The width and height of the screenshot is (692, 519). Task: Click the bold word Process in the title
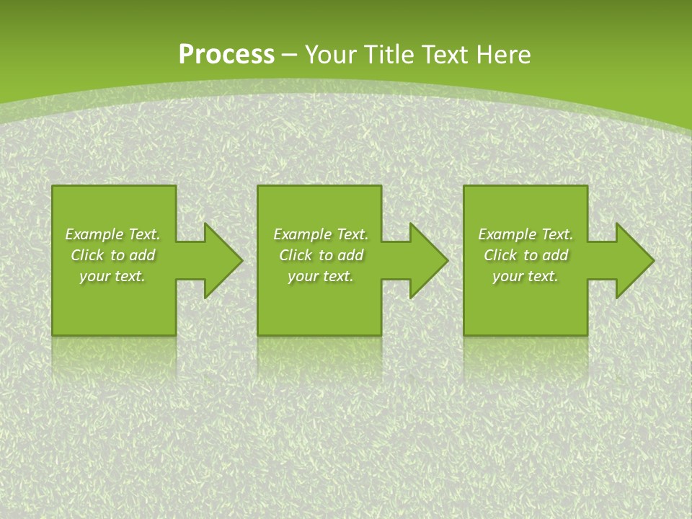[x=226, y=55]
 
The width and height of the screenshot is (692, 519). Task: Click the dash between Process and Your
[x=290, y=56]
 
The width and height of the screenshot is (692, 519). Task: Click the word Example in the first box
[x=94, y=234]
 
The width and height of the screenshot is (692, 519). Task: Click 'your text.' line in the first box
[x=112, y=276]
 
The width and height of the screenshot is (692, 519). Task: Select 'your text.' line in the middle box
[x=320, y=276]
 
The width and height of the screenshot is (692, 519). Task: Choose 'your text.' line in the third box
[x=525, y=276]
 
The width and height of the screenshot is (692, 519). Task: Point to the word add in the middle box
[x=350, y=255]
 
